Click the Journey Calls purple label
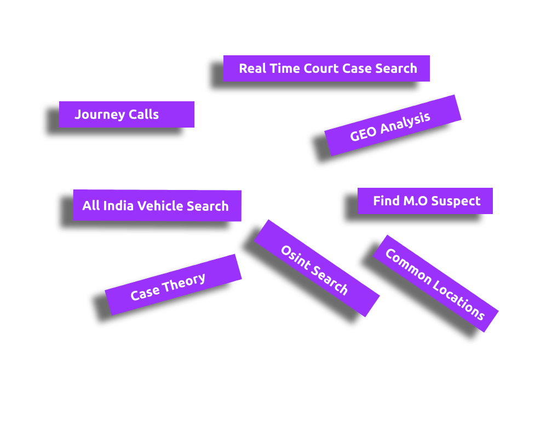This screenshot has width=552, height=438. (x=127, y=114)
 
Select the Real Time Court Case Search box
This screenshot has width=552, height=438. (x=326, y=68)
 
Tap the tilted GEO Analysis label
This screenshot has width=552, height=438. (x=393, y=125)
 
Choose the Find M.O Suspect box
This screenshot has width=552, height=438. (x=425, y=201)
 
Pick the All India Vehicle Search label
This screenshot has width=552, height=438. (x=157, y=206)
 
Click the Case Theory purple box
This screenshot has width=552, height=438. (x=173, y=285)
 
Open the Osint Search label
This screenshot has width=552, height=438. (x=317, y=268)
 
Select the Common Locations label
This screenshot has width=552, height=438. (x=435, y=284)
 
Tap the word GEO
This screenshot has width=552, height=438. (x=363, y=133)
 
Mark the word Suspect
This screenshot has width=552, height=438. (x=456, y=201)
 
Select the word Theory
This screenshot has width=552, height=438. (x=183, y=281)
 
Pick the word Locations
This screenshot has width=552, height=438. (x=458, y=298)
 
